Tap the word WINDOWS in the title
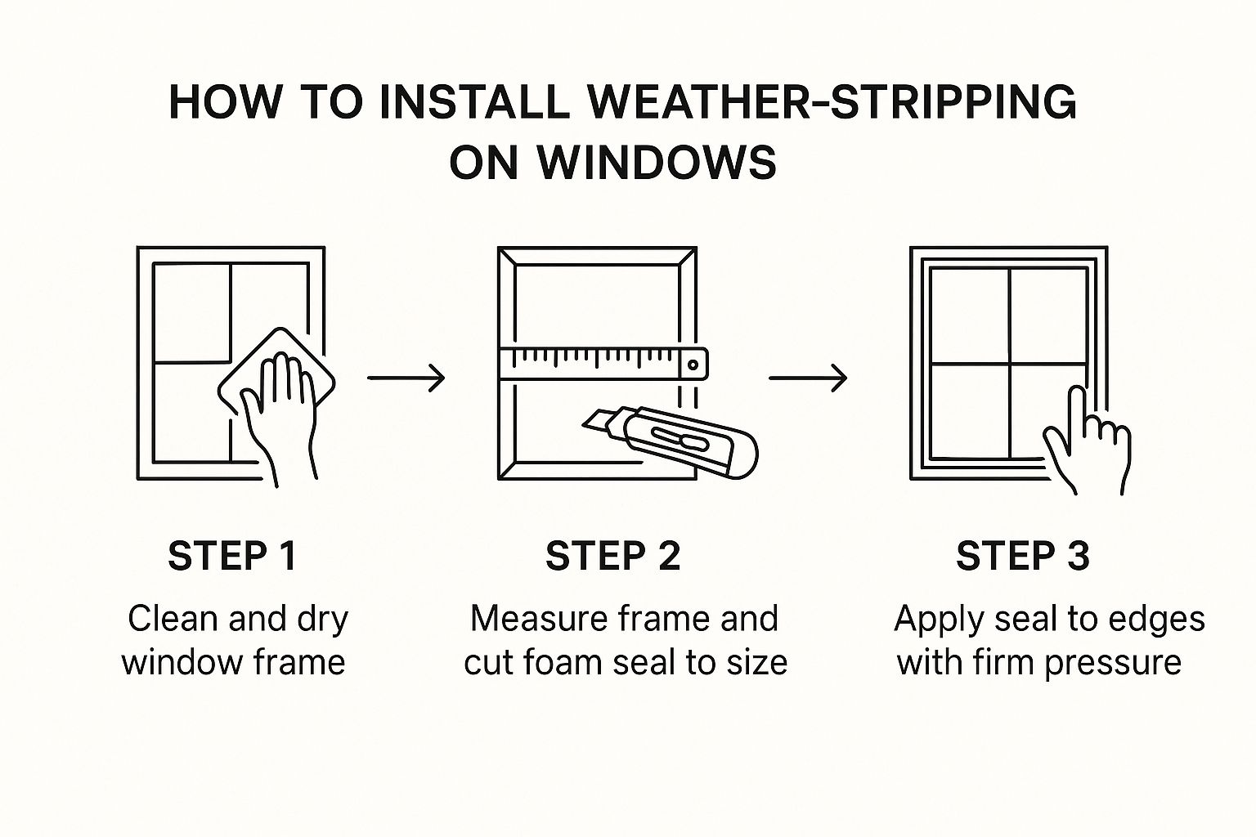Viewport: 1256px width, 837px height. [657, 162]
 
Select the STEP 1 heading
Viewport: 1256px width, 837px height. [232, 556]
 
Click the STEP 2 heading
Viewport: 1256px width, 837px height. [612, 556]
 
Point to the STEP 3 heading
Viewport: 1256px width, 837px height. [1023, 556]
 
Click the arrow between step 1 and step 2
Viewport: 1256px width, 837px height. [406, 378]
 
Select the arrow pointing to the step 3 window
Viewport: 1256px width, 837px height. [808, 378]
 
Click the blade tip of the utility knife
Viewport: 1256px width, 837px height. [585, 425]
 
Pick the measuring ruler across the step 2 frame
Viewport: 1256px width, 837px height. [603, 364]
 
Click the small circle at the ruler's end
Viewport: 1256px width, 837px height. [693, 365]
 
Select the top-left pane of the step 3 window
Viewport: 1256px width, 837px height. [970, 316]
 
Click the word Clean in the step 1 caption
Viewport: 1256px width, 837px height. [173, 619]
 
